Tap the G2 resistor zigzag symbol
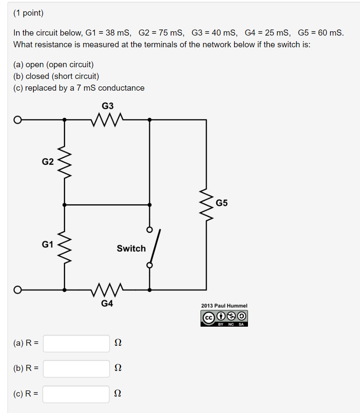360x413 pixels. (x=65, y=162)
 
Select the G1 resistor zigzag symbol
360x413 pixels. (x=65, y=245)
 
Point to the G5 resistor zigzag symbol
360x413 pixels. (x=206, y=204)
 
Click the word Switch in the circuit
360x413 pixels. (x=131, y=249)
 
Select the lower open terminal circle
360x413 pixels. (x=17, y=289)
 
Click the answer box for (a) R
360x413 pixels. (x=76, y=343)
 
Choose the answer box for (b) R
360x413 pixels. (x=76, y=369)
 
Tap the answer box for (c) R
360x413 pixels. (x=76, y=394)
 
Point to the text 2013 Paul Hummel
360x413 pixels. (x=224, y=305)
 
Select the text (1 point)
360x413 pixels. (x=29, y=13)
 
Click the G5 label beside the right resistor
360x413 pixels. (x=221, y=203)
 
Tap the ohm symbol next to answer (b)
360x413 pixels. (x=117, y=369)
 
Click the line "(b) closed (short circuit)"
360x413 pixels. (x=56, y=76)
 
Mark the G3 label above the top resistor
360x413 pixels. (x=108, y=106)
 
